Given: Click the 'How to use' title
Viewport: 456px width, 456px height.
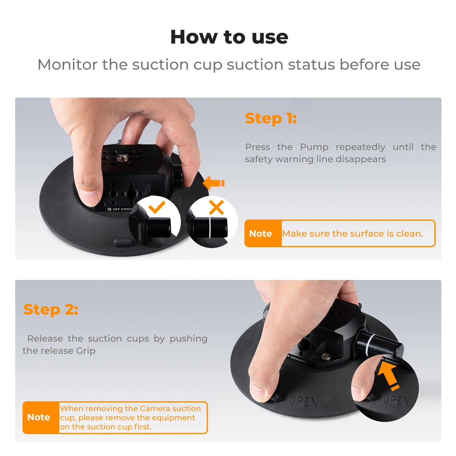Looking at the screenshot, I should tap(229, 37).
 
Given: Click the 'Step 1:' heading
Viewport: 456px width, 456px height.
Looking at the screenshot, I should tap(271, 118).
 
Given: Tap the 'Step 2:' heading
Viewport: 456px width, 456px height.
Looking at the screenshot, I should tap(51, 310).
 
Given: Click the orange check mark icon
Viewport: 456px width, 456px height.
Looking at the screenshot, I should tap(157, 207).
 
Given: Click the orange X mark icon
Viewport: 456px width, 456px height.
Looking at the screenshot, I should tap(216, 207).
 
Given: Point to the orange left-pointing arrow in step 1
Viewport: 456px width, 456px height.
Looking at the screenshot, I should tap(213, 183).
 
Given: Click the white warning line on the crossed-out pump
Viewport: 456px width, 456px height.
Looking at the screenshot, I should tap(210, 227).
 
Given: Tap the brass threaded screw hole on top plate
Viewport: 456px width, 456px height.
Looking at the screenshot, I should tap(123, 157).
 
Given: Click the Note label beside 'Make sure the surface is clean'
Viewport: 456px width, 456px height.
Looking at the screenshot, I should tap(261, 233).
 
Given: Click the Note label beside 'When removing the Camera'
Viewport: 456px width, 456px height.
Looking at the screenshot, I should tap(39, 417).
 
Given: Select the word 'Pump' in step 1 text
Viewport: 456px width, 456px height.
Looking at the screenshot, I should tap(314, 147).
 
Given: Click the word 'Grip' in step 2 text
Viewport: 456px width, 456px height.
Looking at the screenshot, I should tap(86, 351).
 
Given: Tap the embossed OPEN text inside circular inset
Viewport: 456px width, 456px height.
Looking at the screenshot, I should tap(396, 400).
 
